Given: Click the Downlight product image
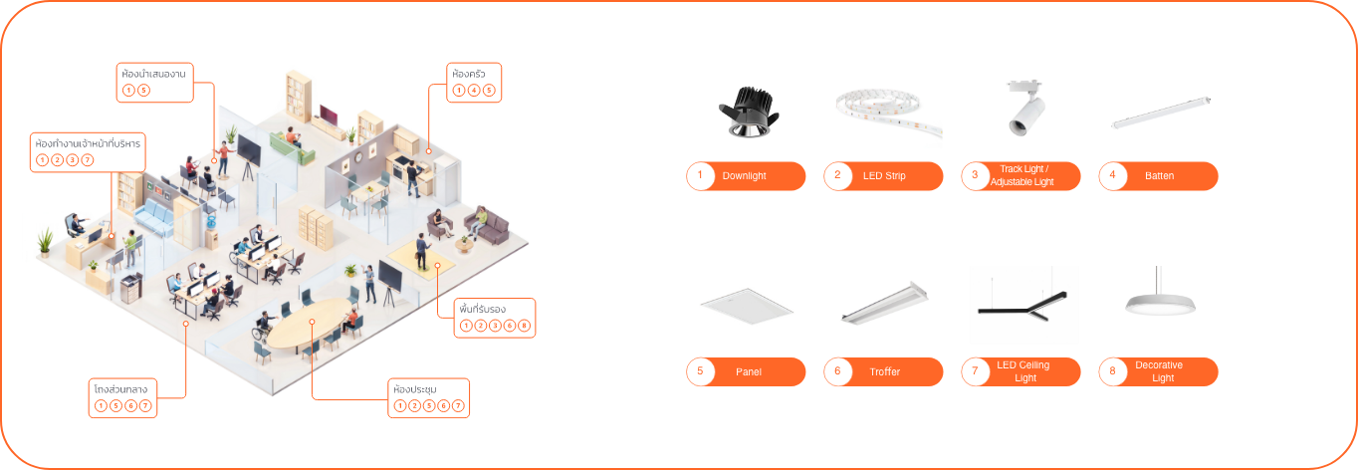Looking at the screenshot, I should click(749, 111).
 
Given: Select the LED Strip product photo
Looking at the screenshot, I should click(886, 109).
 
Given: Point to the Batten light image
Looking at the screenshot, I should click(1159, 117).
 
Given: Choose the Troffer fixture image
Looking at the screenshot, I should click(883, 303).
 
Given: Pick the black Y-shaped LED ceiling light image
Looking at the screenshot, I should click(1023, 304).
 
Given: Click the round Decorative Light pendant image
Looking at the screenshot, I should click(1160, 302).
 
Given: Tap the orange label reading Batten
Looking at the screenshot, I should click(1159, 176).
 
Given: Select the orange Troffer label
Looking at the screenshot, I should click(883, 371).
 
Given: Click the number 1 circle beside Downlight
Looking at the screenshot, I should click(700, 176).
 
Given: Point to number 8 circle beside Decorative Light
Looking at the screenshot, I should click(1112, 371).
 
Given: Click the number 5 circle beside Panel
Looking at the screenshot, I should click(700, 371).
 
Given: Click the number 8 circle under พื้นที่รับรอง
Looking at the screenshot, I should click(525, 326).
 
